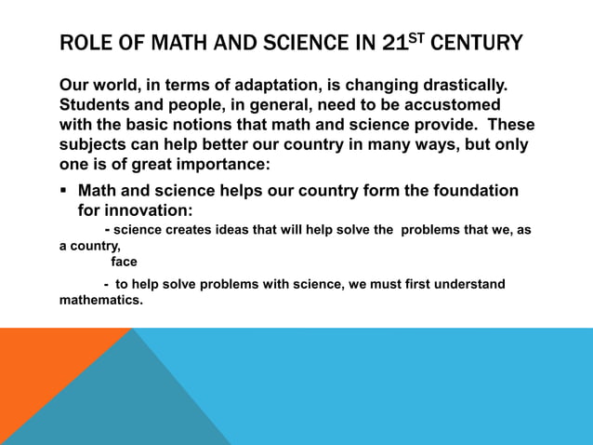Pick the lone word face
(x=124, y=262)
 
